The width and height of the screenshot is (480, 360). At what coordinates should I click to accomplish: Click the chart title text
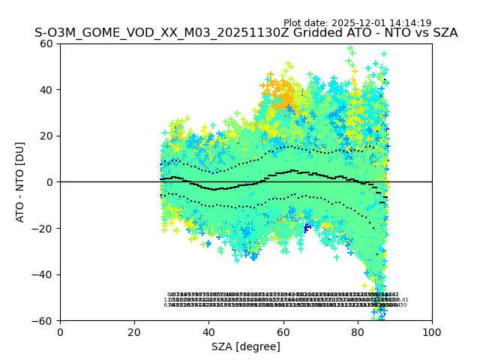pos(246,33)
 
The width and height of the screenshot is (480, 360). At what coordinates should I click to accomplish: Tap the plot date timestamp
pos(357,23)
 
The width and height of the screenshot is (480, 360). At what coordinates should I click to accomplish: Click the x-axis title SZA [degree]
pos(246,346)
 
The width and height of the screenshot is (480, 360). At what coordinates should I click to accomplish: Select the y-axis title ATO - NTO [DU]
pos(20,181)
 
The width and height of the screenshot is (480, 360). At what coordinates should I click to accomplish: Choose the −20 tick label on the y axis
pos(45,228)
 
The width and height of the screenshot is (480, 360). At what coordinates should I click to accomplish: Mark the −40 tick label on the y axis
pos(45,274)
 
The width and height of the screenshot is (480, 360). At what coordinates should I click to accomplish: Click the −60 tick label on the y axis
pos(45,320)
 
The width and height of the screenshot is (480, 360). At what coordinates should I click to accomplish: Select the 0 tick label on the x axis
pos(60,332)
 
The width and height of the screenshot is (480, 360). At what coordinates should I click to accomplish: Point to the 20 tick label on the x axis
pos(134,332)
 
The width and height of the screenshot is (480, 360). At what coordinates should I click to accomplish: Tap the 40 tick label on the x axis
pos(208,332)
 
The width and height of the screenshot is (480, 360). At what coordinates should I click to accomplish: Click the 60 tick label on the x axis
pos(283,332)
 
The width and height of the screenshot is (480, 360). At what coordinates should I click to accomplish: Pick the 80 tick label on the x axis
pos(358,332)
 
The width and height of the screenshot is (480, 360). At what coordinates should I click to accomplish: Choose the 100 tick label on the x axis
pos(432,332)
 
